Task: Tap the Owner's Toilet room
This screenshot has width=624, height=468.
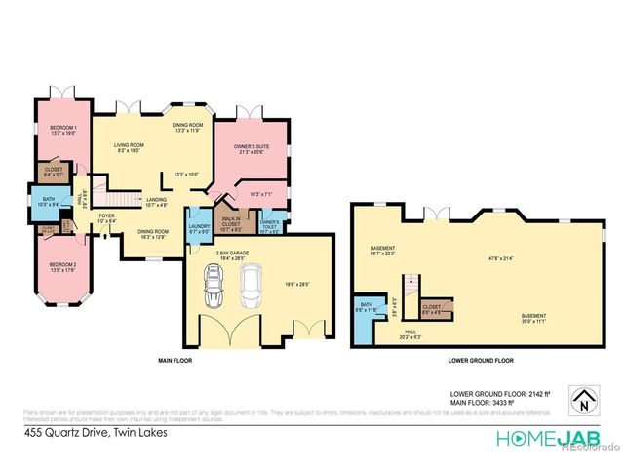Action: [270, 226]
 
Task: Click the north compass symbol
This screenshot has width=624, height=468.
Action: [582, 400]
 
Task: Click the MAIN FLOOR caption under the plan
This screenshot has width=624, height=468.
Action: [175, 361]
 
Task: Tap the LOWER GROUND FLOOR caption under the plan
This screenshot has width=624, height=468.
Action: [481, 361]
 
